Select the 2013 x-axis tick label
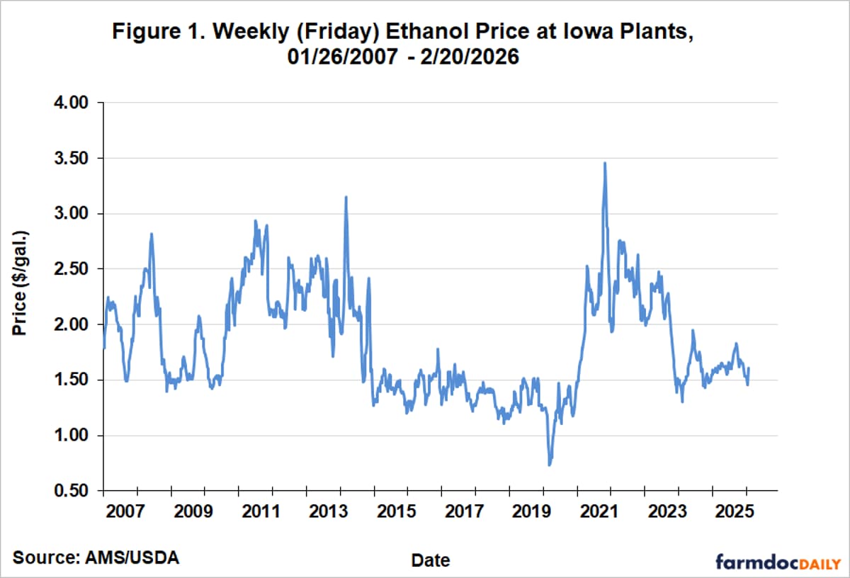tap(329, 511)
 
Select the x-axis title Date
tap(431, 560)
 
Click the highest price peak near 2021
tap(604, 164)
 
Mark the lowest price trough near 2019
tap(549, 464)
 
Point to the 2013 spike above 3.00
tap(346, 198)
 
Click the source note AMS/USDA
tap(95, 557)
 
